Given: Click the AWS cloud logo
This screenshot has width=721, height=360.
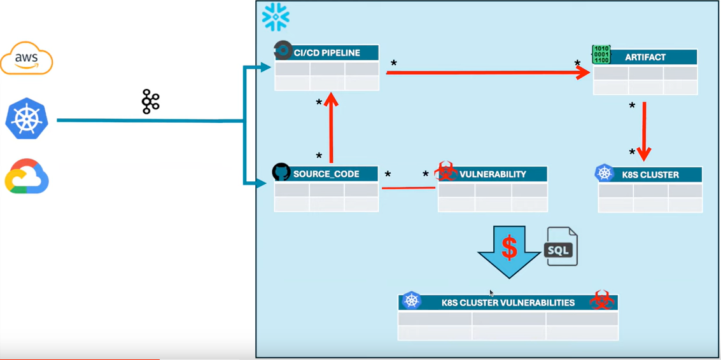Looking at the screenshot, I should (27, 58).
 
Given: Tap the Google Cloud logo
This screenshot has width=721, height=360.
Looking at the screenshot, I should (27, 176).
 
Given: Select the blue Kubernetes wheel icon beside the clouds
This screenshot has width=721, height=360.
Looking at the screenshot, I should (27, 118).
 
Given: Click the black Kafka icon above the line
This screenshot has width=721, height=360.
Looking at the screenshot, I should (150, 102).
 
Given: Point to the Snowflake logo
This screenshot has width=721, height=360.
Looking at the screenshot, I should (276, 17).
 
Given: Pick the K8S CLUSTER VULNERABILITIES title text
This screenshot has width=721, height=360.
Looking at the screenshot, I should (508, 303).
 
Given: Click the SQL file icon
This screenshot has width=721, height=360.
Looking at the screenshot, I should (561, 247).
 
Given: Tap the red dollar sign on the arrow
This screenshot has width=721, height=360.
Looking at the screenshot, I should (509, 247).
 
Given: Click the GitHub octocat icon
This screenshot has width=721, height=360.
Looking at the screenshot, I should (281, 172).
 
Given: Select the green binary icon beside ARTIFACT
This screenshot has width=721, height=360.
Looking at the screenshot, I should (601, 54).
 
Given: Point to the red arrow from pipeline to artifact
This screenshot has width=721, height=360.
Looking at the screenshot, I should (487, 73).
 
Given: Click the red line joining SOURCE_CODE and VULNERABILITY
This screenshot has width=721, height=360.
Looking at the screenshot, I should (408, 188).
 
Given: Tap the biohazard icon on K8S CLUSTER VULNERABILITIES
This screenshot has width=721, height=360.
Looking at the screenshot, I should (601, 300).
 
